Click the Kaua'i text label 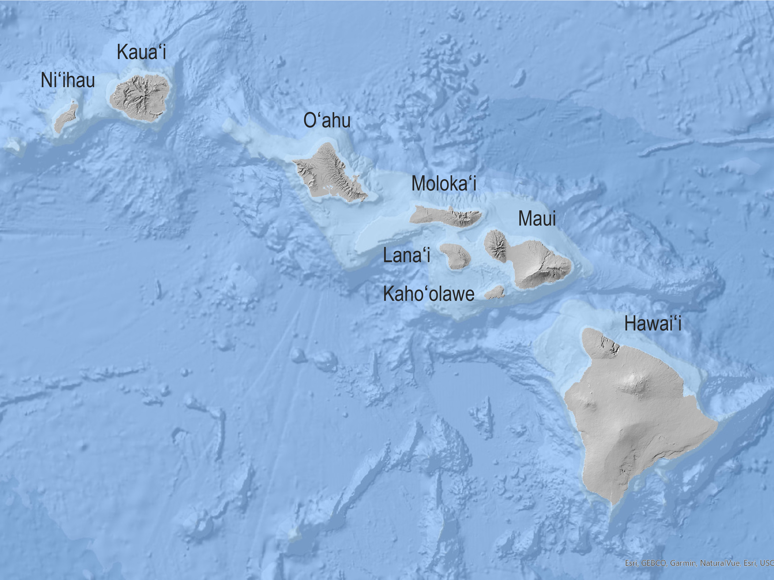pyautogui.click(x=141, y=52)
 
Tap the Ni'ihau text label pyautogui.click(x=68, y=80)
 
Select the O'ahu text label pyautogui.click(x=327, y=120)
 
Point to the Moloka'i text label pyautogui.click(x=444, y=183)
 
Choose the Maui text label pyautogui.click(x=537, y=219)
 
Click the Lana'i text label pyautogui.click(x=406, y=255)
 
